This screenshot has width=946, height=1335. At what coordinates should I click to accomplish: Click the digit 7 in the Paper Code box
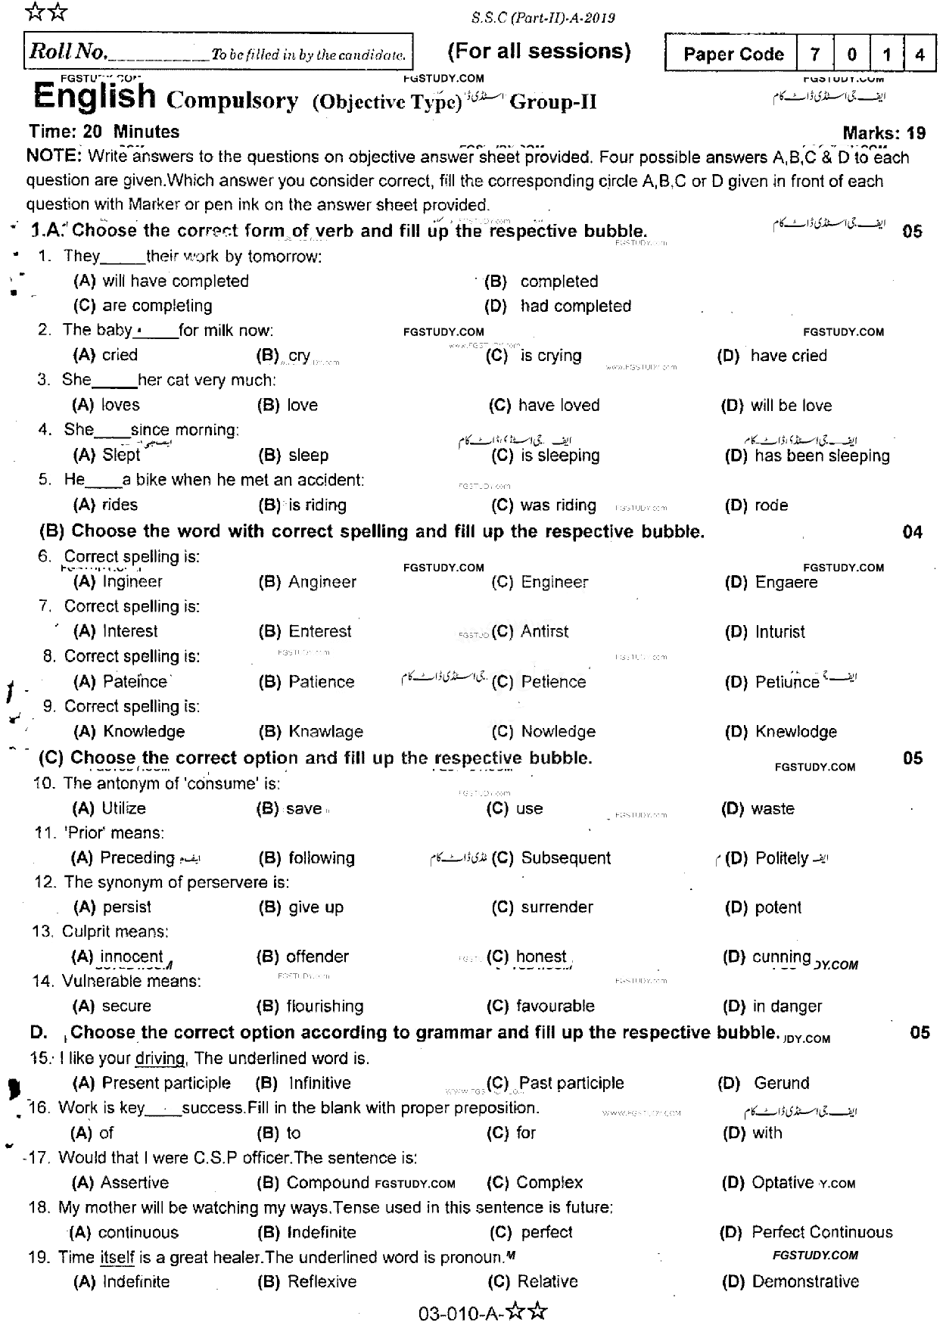pos(815,54)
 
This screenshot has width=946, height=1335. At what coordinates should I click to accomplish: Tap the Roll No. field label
pos(67,52)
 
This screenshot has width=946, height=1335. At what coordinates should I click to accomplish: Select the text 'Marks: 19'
pos(884,133)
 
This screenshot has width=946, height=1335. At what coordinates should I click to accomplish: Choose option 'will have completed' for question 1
pos(176,282)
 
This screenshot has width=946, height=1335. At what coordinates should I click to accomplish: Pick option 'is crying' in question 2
pos(551,356)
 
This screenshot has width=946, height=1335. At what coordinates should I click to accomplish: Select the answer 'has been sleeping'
pos(822,456)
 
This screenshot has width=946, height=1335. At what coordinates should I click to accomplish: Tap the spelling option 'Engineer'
pos(554,582)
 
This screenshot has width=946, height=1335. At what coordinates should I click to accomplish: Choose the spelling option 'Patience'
pos(321,682)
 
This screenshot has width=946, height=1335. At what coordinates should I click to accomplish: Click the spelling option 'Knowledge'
pos(144,732)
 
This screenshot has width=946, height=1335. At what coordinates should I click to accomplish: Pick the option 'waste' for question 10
pos(773,809)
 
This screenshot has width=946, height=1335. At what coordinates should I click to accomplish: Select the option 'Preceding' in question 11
pos(138,858)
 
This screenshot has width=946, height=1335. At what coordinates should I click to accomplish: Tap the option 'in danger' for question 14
pos(787,1007)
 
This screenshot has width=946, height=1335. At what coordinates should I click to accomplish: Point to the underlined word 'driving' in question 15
pos(160,1059)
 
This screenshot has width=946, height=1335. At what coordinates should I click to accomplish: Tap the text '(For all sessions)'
pos(539,51)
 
